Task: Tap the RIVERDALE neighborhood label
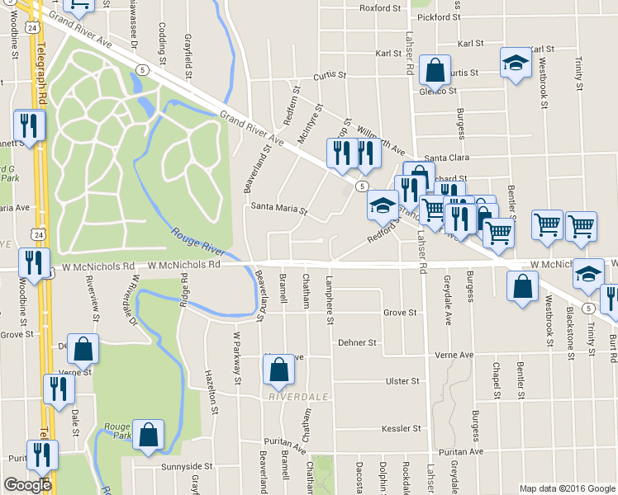coord(298,397)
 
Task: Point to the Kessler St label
coord(401,429)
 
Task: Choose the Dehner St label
coord(357,342)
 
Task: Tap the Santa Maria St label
coord(279,210)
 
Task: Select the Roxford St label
coord(379,9)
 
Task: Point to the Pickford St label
coord(439,16)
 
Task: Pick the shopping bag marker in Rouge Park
coord(148,435)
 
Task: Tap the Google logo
coord(27,485)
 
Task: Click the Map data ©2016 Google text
coord(567,488)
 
